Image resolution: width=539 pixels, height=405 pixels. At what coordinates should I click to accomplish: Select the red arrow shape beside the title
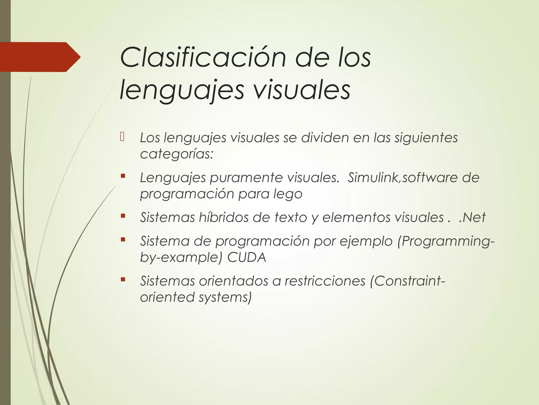(x=39, y=57)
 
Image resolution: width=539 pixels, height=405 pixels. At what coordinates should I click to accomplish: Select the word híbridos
(x=224, y=218)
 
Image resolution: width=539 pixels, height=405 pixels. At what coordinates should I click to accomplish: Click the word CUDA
(x=247, y=257)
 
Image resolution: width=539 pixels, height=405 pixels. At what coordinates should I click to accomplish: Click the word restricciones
(x=325, y=281)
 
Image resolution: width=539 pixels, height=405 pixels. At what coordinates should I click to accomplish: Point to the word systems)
(x=225, y=297)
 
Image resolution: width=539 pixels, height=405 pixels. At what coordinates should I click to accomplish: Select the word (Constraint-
(x=407, y=281)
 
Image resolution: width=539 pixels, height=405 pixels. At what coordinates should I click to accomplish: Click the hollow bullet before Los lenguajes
(x=122, y=137)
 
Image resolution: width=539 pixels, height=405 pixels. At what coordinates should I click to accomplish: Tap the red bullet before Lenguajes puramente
(x=123, y=176)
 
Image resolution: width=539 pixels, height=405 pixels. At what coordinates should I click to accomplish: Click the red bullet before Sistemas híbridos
(x=123, y=216)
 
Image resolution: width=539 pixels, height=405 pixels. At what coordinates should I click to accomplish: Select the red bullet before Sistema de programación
(x=123, y=239)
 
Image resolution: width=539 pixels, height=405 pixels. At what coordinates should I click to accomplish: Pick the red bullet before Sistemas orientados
(x=123, y=279)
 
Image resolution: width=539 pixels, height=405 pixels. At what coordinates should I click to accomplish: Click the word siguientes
(x=426, y=138)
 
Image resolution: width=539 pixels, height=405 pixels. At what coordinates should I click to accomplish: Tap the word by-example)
(x=181, y=257)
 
